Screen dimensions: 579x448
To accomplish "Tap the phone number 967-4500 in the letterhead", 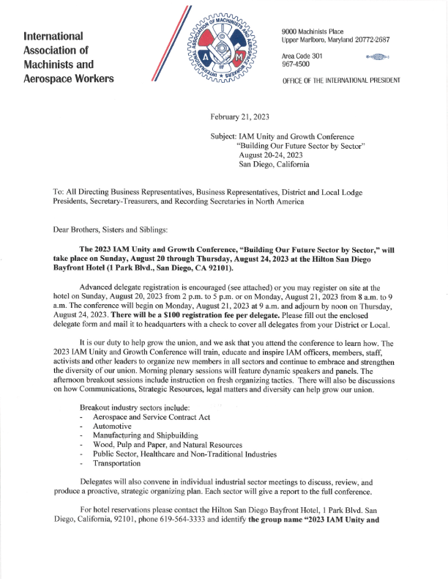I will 295,64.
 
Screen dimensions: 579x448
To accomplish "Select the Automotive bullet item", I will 112,426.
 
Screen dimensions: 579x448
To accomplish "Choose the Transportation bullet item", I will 116,464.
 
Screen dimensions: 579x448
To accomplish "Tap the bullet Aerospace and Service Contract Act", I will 152,416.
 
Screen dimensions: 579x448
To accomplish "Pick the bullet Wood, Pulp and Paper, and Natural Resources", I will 168,445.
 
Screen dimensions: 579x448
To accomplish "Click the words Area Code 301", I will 302,56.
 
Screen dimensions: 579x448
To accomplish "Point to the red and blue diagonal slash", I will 163,44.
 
